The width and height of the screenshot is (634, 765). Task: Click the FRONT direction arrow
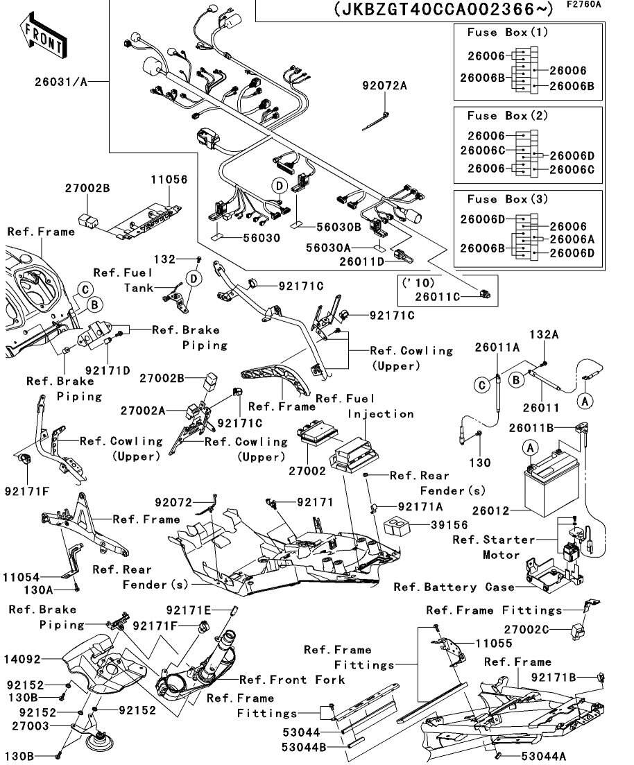coord(44,39)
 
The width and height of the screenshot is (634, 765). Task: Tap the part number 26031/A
coord(62,82)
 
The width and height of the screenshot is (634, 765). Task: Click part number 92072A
coord(384,86)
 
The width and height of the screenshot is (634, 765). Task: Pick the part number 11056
coord(169,179)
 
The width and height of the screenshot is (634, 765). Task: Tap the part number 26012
coord(491,511)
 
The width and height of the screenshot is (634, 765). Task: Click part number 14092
coord(40,659)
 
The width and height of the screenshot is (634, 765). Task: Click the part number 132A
coord(545,334)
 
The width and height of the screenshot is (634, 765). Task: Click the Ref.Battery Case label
coord(454,587)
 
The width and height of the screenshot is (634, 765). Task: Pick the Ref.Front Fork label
coord(292,680)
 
